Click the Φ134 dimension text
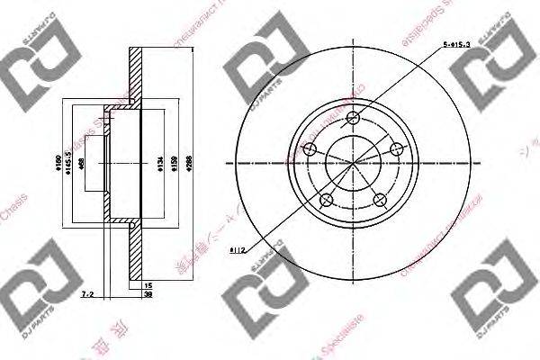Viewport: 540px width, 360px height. (159, 163)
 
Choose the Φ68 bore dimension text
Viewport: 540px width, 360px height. (82, 163)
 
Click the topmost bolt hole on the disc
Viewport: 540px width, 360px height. (353, 118)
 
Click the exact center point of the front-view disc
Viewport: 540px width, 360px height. (353, 163)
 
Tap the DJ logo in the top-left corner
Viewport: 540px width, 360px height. (32, 59)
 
